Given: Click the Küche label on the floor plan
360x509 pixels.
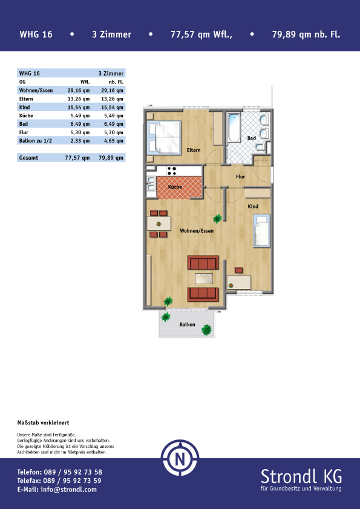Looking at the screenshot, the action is point(175,187).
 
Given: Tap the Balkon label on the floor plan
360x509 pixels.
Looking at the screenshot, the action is point(188,324).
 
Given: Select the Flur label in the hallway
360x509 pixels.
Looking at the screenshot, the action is point(240,177).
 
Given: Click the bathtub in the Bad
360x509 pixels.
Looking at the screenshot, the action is point(234,128).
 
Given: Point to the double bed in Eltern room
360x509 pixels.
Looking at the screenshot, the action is point(164,137).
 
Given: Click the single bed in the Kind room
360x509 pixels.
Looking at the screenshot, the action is point(261,230).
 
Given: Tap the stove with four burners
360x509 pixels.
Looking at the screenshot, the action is point(172,170).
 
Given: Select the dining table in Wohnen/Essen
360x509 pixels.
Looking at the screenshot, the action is point(159,224).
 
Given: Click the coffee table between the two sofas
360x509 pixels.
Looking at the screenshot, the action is point(204,279).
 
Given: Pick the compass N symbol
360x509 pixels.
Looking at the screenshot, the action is point(180,459).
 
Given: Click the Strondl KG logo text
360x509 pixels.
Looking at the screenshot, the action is point(301,477).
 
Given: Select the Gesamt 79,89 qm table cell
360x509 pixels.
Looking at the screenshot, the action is point(111,158).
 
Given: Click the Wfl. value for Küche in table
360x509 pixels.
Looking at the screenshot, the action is point(80,115).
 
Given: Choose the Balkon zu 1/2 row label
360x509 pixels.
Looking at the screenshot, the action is point(36,141).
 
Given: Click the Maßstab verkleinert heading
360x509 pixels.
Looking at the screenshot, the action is point(43,423).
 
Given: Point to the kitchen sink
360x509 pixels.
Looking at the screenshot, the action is point(151,183).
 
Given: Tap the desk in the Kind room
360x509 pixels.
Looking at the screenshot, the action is point(239,282).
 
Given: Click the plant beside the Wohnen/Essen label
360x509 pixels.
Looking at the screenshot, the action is point(217,218).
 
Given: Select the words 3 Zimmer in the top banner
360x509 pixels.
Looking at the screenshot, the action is point(111,34).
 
